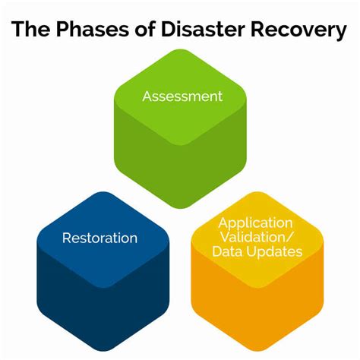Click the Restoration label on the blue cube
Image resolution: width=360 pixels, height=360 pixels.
pos(99,238)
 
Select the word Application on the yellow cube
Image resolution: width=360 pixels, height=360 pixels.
pos(255,223)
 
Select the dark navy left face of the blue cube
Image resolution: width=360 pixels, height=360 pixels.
pos(68,296)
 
